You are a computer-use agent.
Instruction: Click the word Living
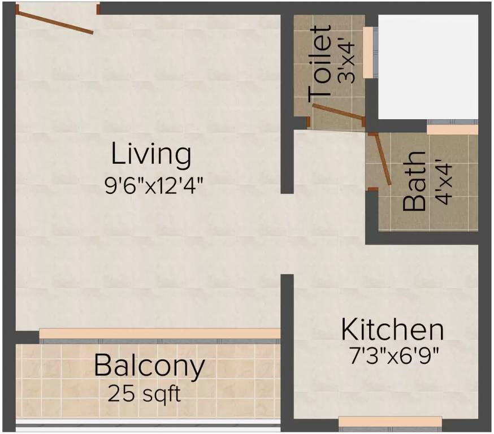tap(151, 155)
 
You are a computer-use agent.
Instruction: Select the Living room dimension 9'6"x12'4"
tap(154, 185)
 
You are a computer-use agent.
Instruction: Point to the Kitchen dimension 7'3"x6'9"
tap(393, 356)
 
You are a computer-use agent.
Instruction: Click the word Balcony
tap(149, 366)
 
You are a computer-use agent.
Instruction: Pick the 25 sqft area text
tap(145, 393)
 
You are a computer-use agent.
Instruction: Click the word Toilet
tap(320, 64)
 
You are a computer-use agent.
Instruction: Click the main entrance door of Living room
tap(55, 21)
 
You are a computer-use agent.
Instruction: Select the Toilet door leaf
tap(338, 112)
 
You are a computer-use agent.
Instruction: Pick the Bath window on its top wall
tap(452, 129)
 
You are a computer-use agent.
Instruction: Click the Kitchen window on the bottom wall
tap(390, 421)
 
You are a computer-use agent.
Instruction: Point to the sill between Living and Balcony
tap(159, 333)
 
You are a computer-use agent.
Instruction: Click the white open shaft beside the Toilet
tap(427, 67)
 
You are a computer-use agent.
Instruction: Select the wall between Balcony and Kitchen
tap(287, 353)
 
